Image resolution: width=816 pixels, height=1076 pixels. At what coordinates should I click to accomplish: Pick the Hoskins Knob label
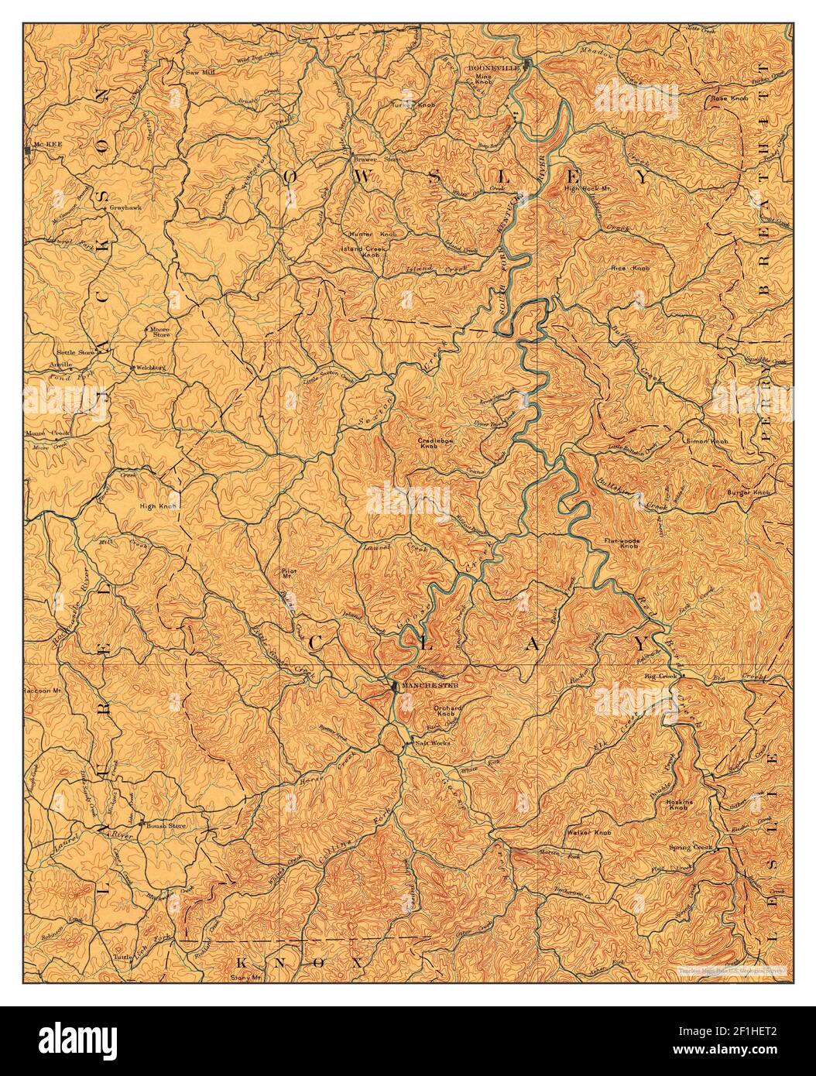pyautogui.click(x=678, y=805)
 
